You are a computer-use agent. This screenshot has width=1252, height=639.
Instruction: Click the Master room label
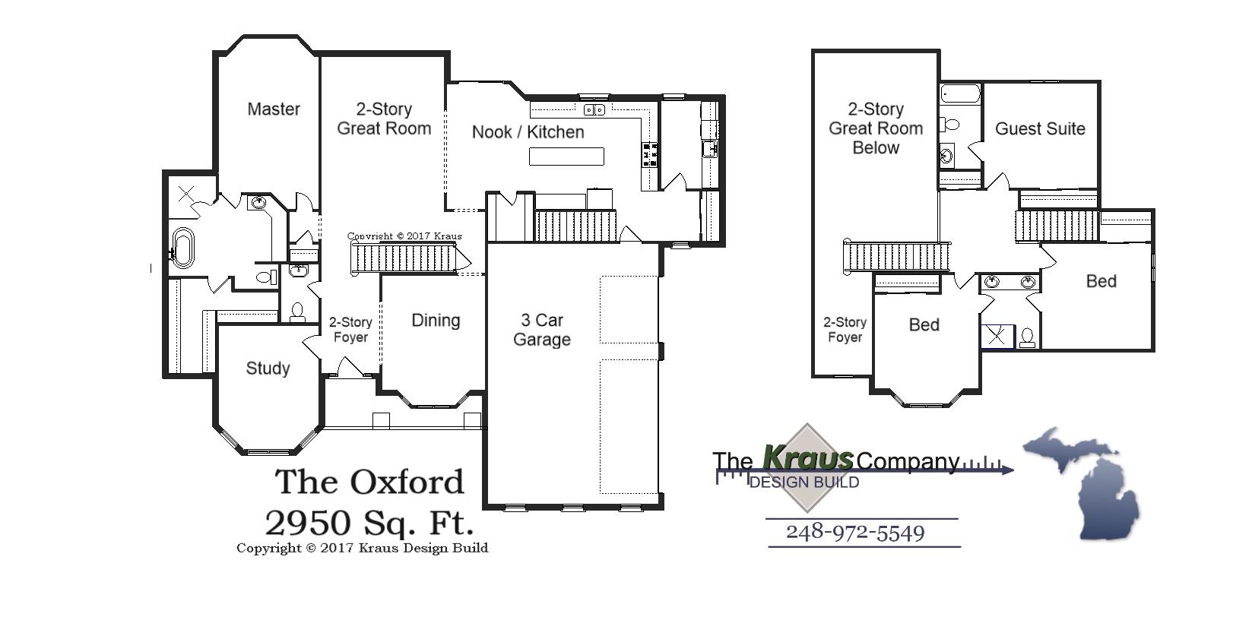(x=274, y=109)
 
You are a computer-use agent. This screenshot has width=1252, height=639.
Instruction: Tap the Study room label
(x=268, y=369)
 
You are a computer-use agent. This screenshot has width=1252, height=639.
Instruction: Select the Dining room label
(x=436, y=321)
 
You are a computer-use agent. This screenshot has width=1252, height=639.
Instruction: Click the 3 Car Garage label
(x=542, y=330)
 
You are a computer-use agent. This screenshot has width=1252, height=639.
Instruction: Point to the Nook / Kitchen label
(x=528, y=132)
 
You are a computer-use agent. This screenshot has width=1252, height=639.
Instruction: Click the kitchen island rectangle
(x=566, y=157)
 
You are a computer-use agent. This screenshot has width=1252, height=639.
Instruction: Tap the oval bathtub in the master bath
(x=182, y=248)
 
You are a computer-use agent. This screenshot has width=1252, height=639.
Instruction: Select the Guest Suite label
(x=1040, y=129)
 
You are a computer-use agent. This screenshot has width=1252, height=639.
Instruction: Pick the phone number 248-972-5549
(x=855, y=532)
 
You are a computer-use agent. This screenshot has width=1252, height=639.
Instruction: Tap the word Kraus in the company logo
(x=807, y=458)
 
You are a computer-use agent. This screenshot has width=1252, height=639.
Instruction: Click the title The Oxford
(x=369, y=482)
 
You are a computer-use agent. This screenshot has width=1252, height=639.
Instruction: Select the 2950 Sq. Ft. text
(x=369, y=522)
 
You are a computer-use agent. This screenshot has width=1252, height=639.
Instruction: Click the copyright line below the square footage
(x=362, y=548)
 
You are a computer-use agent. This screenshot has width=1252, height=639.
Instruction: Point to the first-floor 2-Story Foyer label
(x=350, y=330)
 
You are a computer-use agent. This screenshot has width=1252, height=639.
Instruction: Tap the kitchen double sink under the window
(x=594, y=110)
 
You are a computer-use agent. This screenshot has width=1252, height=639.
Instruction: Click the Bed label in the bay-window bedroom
(x=924, y=325)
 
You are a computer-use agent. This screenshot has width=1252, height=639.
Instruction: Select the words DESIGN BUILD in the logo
(x=804, y=482)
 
